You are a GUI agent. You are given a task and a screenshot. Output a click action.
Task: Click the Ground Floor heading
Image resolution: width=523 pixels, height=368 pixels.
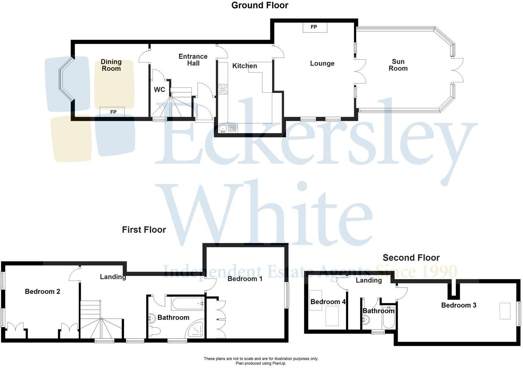point(260,5)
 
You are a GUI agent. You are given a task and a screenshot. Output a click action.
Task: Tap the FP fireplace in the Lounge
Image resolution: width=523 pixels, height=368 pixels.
point(314,27)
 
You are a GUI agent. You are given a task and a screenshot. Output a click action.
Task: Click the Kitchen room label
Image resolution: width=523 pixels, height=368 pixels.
point(245,66)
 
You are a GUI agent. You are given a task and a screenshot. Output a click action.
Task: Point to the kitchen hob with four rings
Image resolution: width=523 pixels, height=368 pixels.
point(223,89)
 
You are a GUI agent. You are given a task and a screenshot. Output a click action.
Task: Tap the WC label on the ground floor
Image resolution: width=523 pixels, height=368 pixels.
point(159,90)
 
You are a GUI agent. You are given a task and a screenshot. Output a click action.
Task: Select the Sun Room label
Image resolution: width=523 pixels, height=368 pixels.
point(398,65)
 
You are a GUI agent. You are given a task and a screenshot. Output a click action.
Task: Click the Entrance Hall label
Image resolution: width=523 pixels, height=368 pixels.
point(193,60)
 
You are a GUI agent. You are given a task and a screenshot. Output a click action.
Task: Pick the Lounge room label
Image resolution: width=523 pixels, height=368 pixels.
point(322,63)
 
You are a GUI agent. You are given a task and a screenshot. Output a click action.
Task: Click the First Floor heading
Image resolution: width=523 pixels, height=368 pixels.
point(144,230)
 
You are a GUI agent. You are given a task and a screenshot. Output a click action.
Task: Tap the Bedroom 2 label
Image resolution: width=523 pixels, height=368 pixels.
point(43,292)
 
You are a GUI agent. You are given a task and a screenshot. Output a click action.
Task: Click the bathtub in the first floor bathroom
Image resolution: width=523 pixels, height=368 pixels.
point(188,304)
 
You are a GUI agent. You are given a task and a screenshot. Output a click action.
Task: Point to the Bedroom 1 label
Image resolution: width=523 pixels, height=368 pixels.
point(245,279)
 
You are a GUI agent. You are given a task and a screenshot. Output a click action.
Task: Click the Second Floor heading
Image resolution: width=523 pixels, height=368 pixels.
point(411,258)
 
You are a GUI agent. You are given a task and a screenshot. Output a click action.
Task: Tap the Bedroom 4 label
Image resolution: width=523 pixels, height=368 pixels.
point(328,302)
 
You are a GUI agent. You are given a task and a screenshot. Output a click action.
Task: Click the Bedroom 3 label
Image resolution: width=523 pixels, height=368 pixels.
point(459,305)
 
